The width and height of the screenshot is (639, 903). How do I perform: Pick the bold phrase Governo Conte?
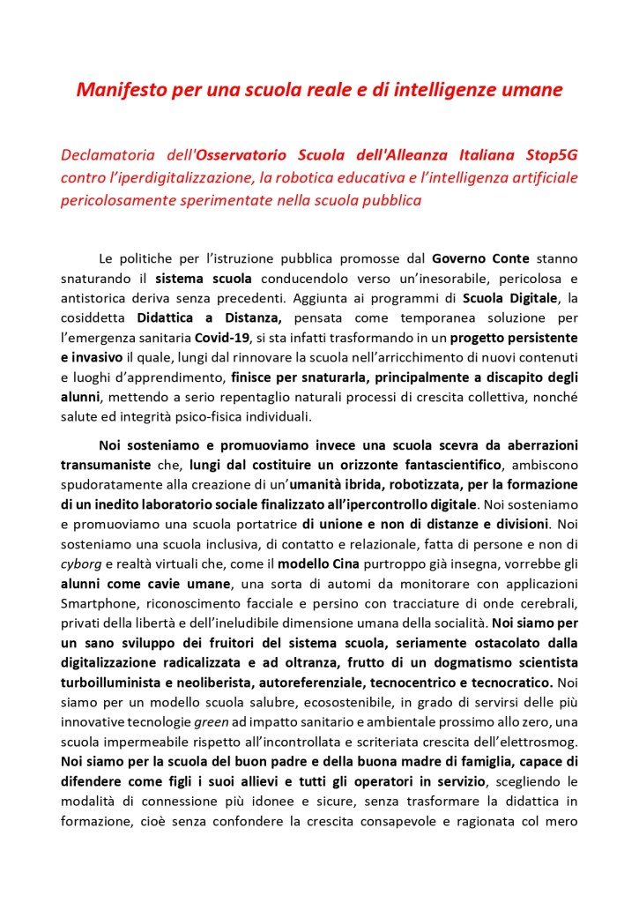point(480,259)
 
